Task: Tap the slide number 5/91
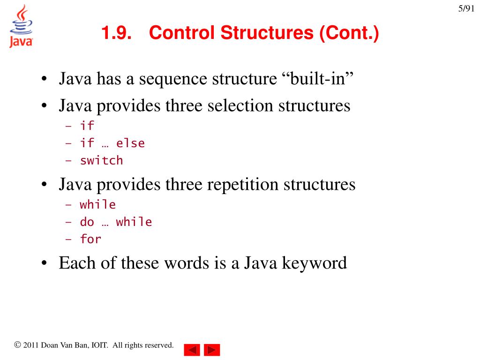[466, 9]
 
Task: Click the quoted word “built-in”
[317, 79]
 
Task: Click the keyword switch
[101, 161]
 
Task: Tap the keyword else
[130, 143]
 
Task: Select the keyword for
[90, 239]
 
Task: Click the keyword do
[87, 222]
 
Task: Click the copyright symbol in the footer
[18, 345]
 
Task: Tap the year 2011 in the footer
[31, 345]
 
